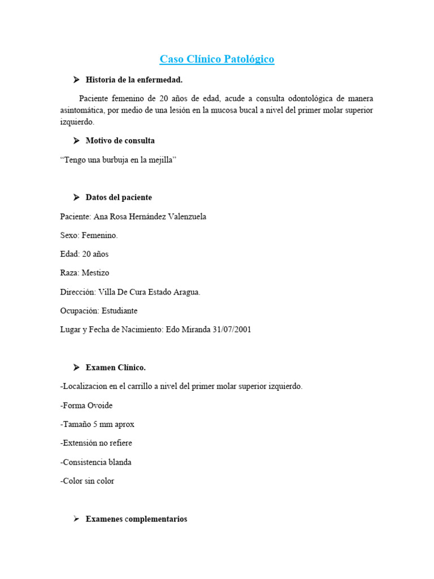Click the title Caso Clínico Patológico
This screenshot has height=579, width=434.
pos(217,59)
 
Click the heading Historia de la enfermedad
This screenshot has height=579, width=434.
pos(134,80)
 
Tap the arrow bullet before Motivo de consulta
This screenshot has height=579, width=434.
pos(76,140)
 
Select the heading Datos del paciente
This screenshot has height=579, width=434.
pos(119,197)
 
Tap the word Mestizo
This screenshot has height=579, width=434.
pos(95,273)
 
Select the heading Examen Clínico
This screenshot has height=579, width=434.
pos(115,368)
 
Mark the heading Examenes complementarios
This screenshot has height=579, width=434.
pos(136,519)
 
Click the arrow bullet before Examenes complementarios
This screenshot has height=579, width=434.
pos(76,519)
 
